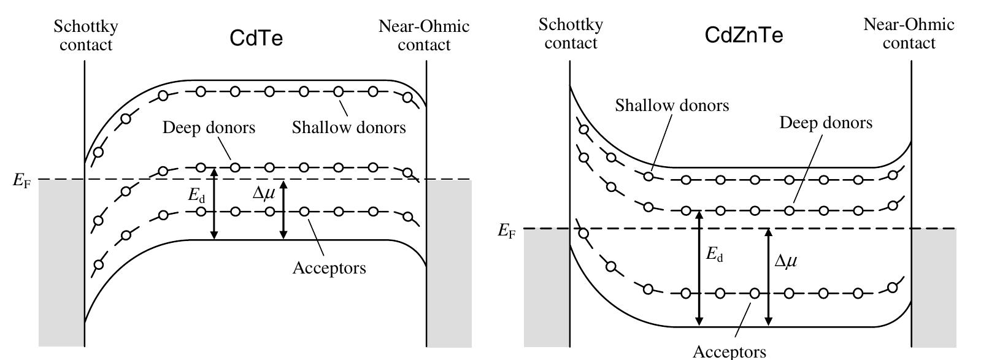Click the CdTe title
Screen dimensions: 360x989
point(256,39)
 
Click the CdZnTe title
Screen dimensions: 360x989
point(744,36)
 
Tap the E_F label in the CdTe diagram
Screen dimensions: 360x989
point(21,182)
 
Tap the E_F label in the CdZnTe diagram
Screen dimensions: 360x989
point(506,231)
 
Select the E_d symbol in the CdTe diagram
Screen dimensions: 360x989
point(196,196)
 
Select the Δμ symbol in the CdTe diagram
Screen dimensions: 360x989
point(264,193)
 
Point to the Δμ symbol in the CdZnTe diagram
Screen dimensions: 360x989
point(786,261)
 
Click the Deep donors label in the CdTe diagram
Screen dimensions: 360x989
point(209,128)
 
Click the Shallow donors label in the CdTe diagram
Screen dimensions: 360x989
point(348,128)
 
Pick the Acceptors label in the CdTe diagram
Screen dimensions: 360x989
point(329,268)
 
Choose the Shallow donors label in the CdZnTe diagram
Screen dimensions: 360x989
point(672,105)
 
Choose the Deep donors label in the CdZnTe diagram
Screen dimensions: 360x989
point(826,123)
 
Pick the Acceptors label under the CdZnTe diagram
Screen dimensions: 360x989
point(729,351)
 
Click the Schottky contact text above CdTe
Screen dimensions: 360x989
point(86,36)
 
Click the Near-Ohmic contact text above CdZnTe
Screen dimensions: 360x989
point(909,34)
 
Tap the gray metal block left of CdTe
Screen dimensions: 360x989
point(61,264)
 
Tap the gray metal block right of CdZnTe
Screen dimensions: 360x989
point(933,288)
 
